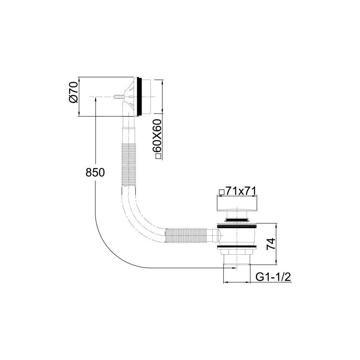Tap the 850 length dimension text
coord(95,172)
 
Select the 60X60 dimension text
coord(158,136)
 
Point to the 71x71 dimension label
coord(241,191)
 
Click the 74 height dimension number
coord(270,244)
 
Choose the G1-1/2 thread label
coord(273,277)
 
